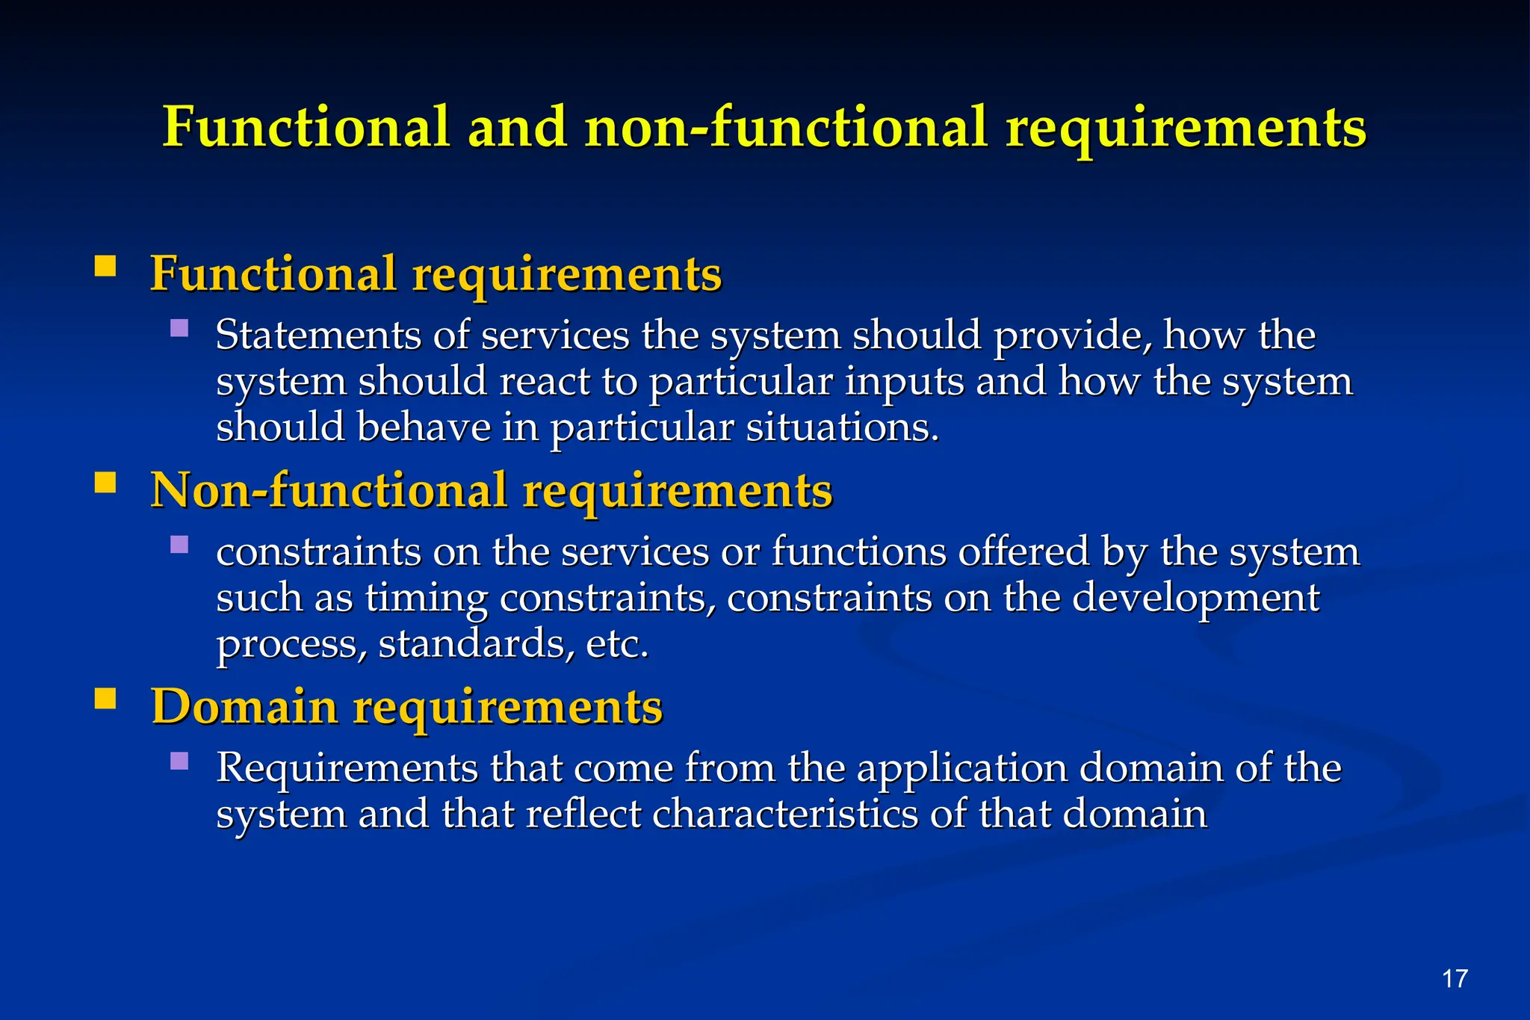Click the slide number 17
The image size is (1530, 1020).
coord(1455,978)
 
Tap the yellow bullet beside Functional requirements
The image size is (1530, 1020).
coord(105,267)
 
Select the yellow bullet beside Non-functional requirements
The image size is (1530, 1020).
coord(105,483)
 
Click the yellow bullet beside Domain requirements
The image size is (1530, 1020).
coord(105,699)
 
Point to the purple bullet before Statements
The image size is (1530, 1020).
coord(179,328)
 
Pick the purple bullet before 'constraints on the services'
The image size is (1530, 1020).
coord(179,544)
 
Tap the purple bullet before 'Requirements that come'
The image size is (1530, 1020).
coord(179,761)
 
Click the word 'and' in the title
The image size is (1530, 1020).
coord(517,127)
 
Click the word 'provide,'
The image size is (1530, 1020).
coord(1073,336)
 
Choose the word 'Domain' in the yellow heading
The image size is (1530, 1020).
coord(244,706)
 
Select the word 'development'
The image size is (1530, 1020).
coord(1196,598)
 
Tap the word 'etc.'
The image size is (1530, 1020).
coord(617,643)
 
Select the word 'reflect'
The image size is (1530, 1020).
coord(583,814)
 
